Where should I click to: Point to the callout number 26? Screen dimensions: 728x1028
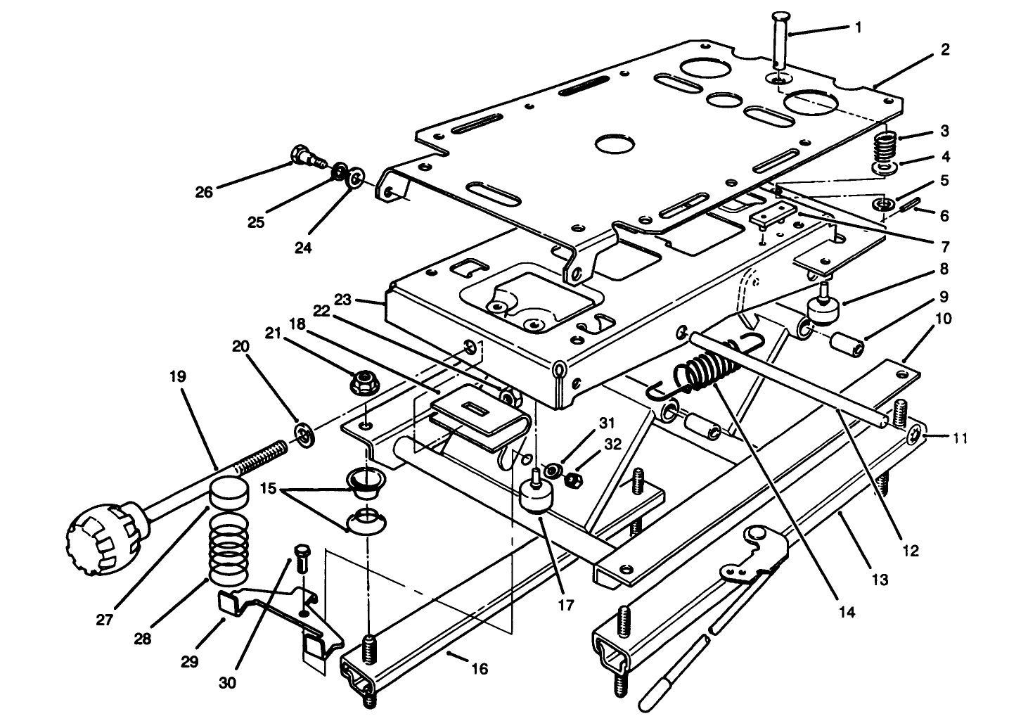[x=204, y=191]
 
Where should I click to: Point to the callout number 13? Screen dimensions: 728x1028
[x=879, y=580]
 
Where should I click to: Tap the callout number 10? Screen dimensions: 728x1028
[x=944, y=319]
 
